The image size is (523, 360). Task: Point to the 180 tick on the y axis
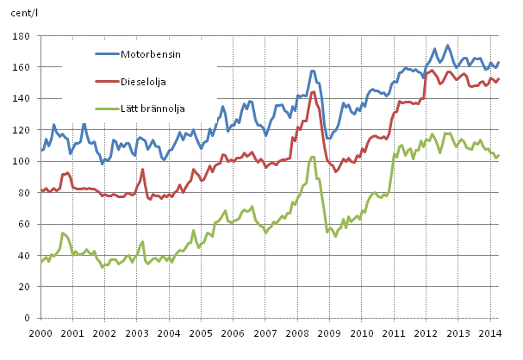[20, 36]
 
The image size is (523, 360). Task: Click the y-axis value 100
[20, 161]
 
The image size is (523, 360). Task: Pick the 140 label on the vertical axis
[20, 98]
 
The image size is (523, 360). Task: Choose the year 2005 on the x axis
[202, 332]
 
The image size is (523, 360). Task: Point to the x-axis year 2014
[490, 332]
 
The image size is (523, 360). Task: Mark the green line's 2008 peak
[313, 157]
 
